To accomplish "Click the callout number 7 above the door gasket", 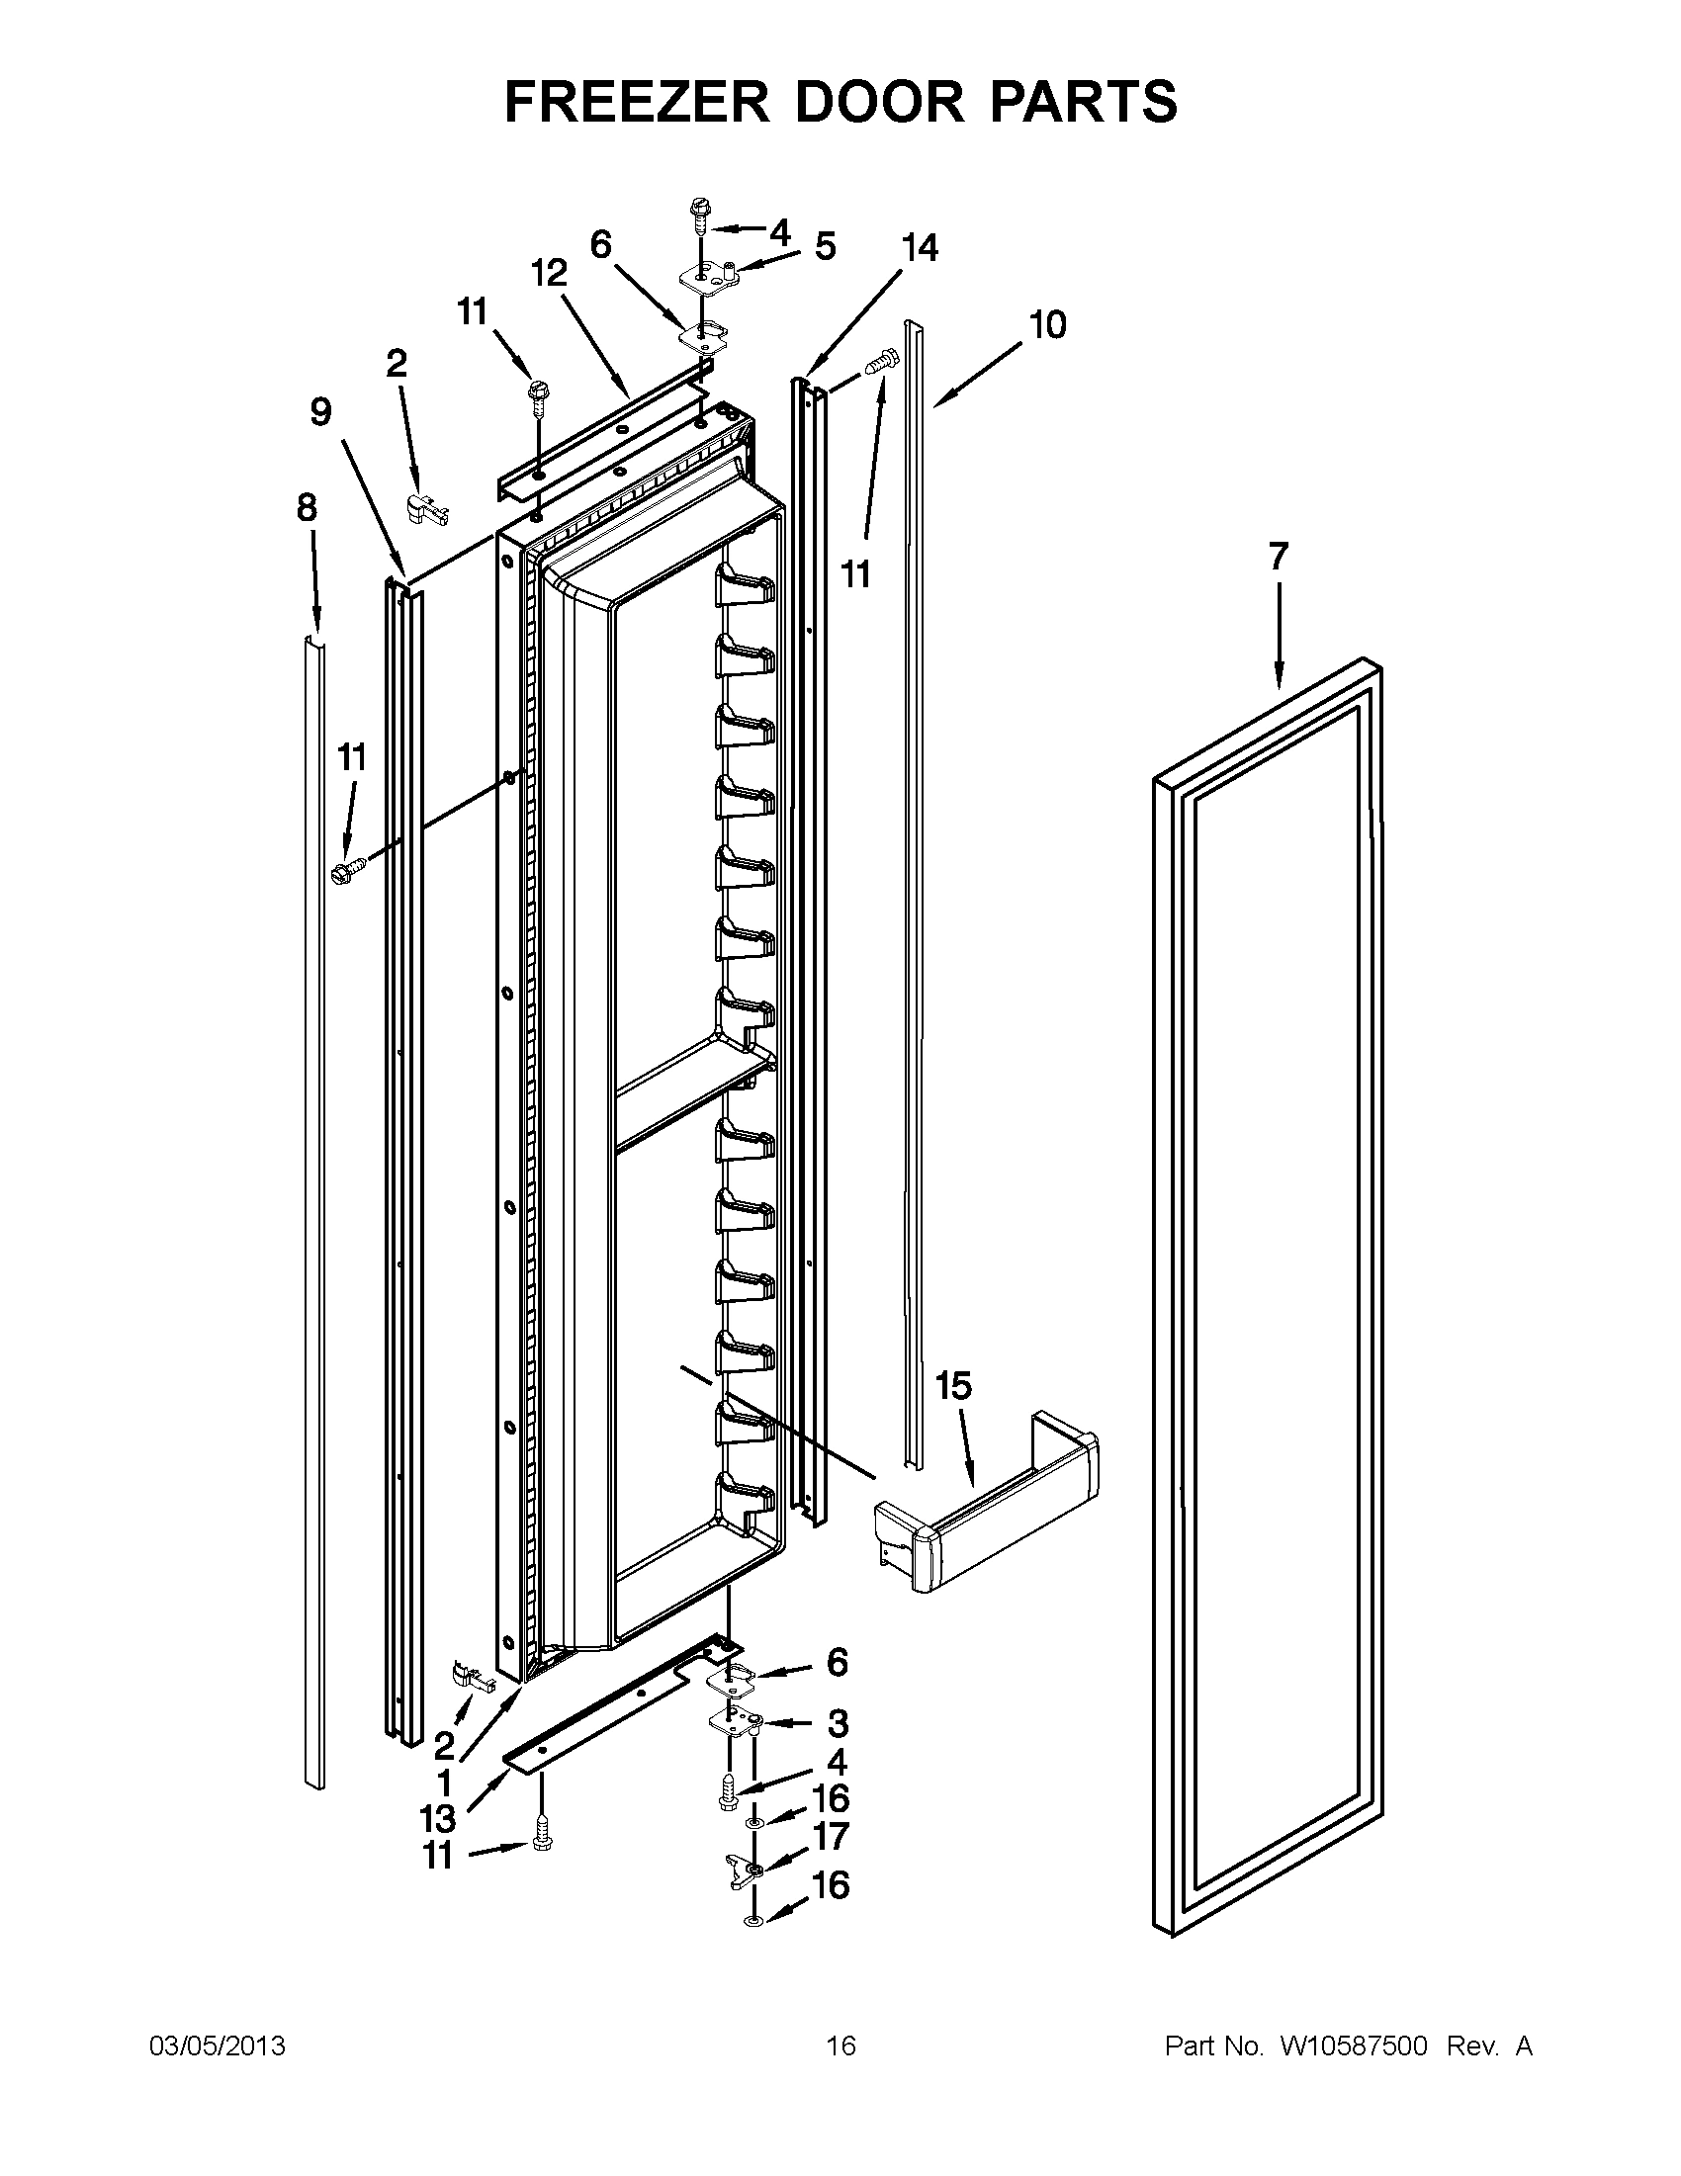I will [1279, 556].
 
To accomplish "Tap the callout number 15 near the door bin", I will [953, 1385].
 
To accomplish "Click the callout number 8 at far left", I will [307, 508].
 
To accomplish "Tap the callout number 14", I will [919, 247].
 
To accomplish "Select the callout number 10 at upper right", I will [1048, 324].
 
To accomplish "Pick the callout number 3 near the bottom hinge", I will [838, 1721].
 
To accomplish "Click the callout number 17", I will [832, 1835].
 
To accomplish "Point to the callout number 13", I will [437, 1819].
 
